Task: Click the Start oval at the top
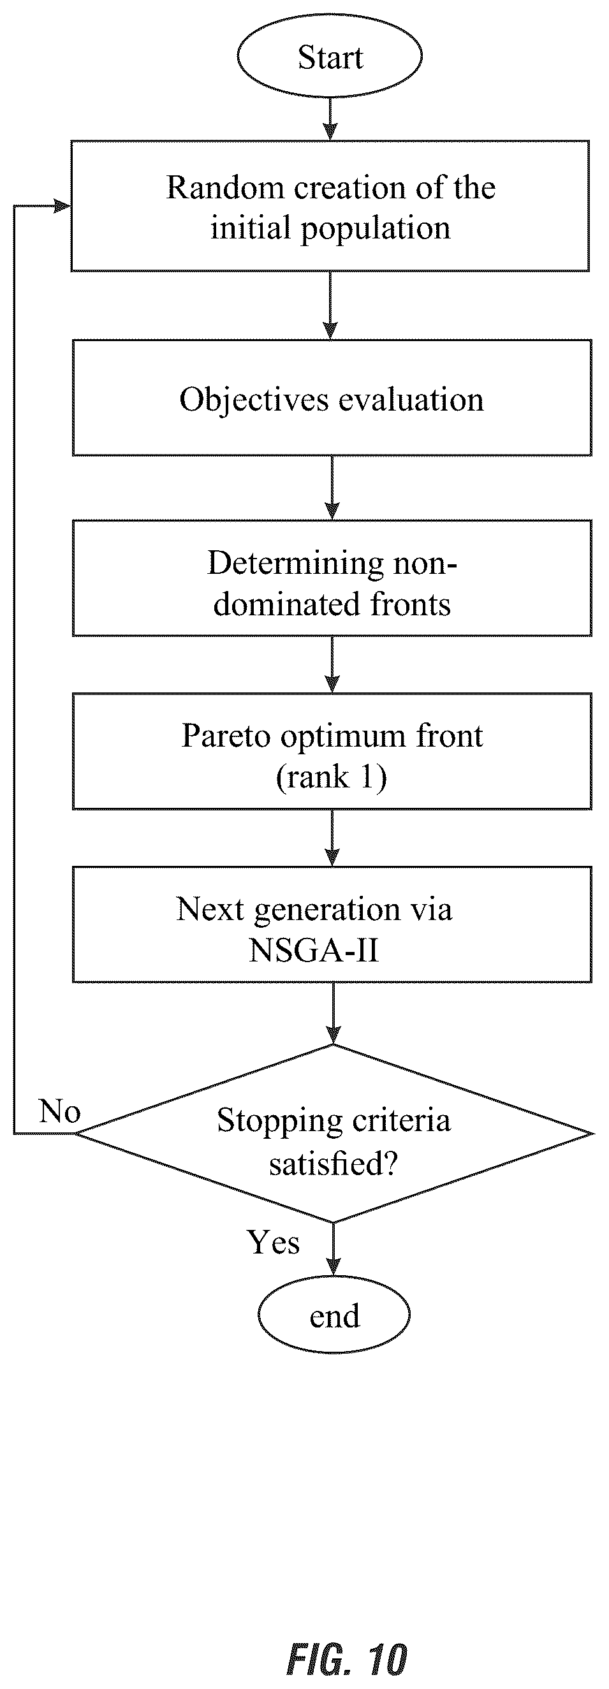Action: [330, 56]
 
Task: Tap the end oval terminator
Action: [334, 1315]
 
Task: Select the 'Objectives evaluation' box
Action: [332, 398]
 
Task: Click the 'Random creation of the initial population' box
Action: [330, 206]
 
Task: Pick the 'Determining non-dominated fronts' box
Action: [332, 578]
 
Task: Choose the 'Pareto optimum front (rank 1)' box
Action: [332, 751]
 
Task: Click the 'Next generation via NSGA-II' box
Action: [332, 925]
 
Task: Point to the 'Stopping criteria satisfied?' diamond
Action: [334, 1134]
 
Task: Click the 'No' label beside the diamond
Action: [60, 1111]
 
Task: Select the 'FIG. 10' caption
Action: [348, 1660]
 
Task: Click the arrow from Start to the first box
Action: [330, 119]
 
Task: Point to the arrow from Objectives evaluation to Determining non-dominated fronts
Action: [332, 488]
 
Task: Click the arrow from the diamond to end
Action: [334, 1250]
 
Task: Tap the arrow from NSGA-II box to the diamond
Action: [334, 1014]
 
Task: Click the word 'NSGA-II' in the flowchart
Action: [314, 950]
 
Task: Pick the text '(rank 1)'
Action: [332, 778]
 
